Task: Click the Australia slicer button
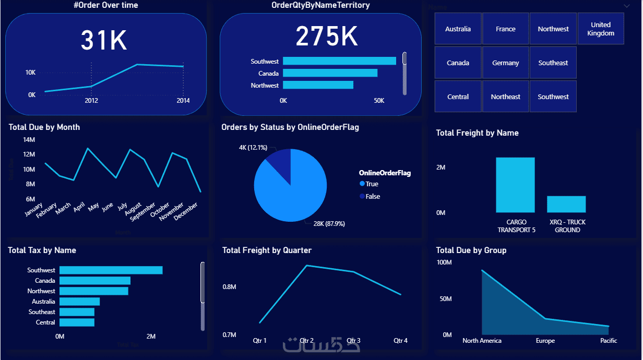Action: pos(458,29)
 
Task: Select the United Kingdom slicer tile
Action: pos(601,29)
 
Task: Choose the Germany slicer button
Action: pos(505,63)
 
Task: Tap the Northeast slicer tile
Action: pos(505,97)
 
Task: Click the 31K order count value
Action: pos(104,40)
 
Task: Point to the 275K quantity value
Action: pos(327,37)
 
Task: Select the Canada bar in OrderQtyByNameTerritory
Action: pos(330,73)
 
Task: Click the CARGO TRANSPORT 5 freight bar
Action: pos(515,185)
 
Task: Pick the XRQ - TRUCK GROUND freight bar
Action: pos(566,204)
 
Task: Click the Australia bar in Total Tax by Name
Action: pos(79,302)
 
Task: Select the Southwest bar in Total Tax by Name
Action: pos(111,270)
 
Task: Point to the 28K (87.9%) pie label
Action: pos(329,224)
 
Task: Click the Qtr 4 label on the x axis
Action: pos(400,341)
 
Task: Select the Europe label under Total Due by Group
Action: pos(545,341)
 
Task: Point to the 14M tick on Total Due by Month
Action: pos(29,140)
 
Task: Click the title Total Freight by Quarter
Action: pos(267,250)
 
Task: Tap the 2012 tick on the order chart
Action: pos(91,101)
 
